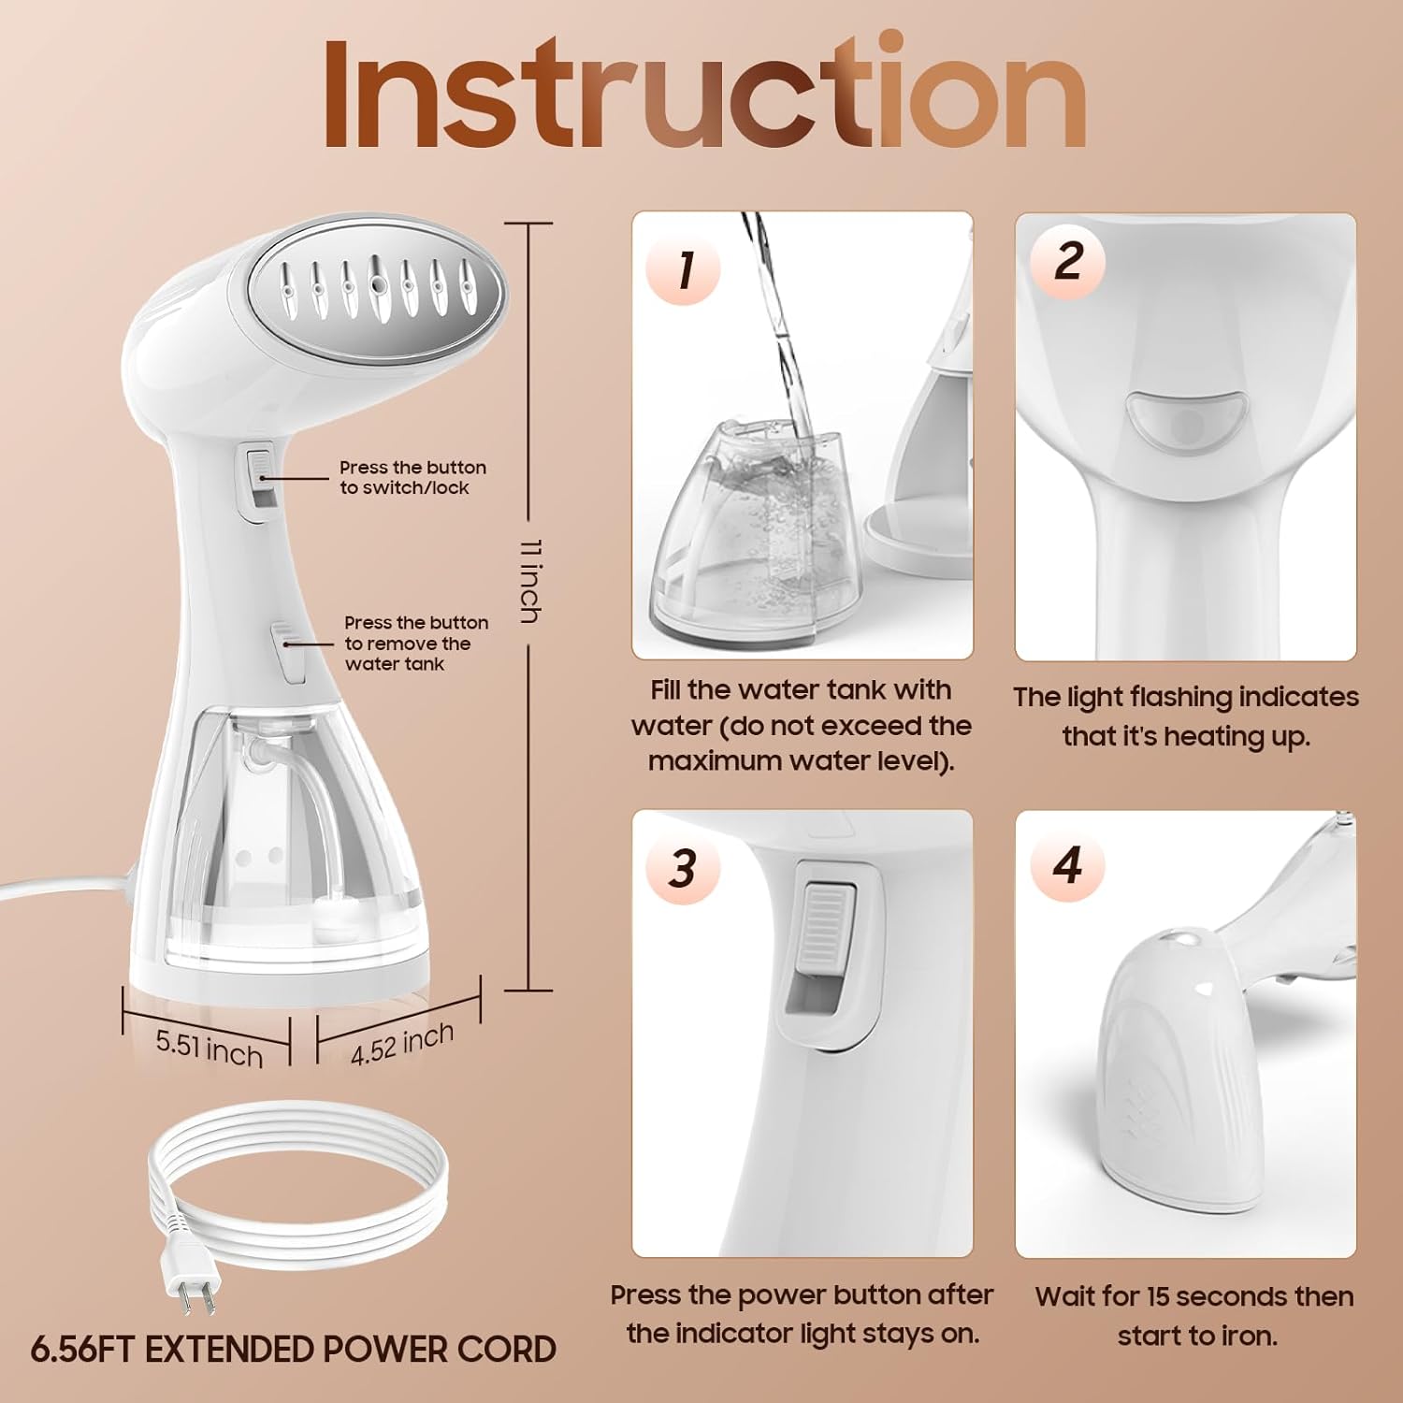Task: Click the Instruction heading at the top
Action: coord(703,94)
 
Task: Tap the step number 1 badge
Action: coord(684,269)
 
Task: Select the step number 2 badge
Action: coord(1067,261)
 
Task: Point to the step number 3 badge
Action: coord(683,867)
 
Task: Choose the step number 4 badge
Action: coord(1067,864)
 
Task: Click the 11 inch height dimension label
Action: coord(529,580)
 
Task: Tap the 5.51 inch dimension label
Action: coord(209,1047)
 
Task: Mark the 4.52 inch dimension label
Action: coord(402,1043)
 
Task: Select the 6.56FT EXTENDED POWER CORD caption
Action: coord(294,1350)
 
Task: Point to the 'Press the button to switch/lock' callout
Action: coord(412,477)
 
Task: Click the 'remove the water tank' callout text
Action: coord(415,644)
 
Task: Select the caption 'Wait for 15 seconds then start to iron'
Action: coord(1194,1315)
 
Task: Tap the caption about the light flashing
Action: coord(1185,716)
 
